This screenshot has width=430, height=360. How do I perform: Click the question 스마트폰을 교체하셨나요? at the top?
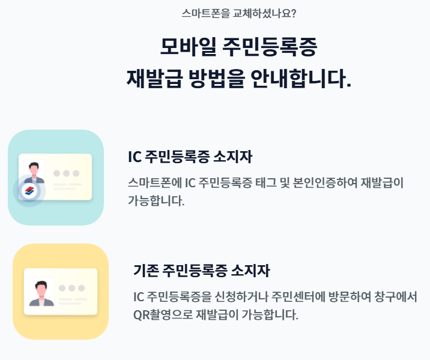tap(238, 13)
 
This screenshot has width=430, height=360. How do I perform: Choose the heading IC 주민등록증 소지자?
tap(190, 157)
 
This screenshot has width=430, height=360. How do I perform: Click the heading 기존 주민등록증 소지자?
tap(201, 271)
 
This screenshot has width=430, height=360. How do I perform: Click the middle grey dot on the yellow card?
tap(72, 288)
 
